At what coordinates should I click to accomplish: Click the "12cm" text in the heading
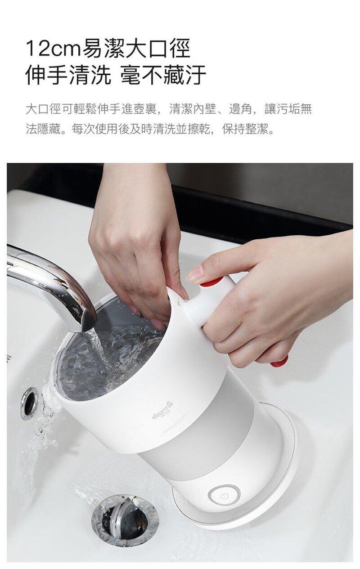pyautogui.click(x=53, y=48)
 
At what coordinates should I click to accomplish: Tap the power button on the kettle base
pyautogui.click(x=224, y=496)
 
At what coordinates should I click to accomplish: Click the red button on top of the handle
pyautogui.click(x=211, y=282)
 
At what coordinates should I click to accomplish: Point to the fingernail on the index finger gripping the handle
pyautogui.click(x=195, y=273)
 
